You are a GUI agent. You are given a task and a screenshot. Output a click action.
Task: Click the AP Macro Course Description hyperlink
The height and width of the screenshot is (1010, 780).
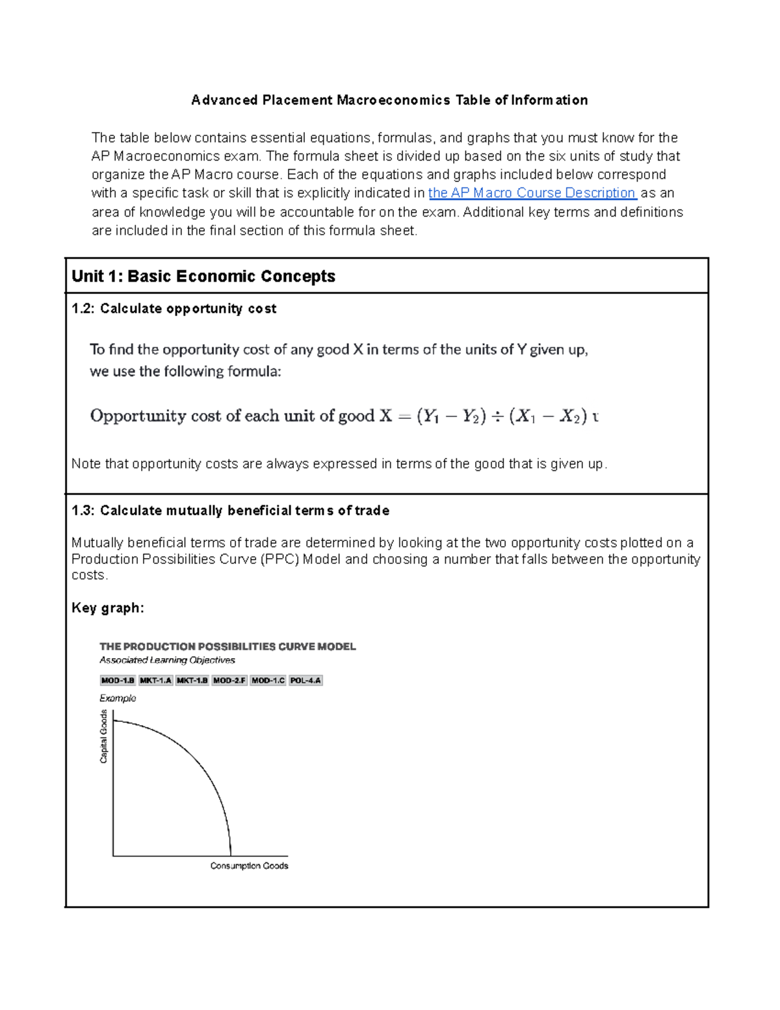532,193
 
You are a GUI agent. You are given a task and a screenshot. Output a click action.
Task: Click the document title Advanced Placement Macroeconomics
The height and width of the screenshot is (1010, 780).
389,100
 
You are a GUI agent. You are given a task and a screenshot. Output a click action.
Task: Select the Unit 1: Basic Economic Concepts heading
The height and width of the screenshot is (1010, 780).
203,276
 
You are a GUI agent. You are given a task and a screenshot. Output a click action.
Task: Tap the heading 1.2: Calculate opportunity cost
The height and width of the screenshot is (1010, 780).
174,309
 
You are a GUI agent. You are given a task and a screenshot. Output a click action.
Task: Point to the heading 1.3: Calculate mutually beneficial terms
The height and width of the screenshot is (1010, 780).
230,511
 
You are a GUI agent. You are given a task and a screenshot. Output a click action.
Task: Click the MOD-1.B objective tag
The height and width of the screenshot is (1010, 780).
118,680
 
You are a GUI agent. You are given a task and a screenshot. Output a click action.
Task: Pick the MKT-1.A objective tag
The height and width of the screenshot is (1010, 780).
155,680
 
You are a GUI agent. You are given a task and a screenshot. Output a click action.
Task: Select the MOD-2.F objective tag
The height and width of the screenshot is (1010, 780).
229,680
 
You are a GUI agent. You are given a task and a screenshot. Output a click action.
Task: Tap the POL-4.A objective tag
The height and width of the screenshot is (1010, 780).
305,680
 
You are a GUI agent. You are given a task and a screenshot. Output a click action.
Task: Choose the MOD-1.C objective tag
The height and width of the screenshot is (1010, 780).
268,680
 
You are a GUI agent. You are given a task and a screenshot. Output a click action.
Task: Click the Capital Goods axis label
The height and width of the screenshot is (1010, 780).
103,737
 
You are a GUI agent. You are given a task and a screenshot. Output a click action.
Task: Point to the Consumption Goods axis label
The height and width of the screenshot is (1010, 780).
249,866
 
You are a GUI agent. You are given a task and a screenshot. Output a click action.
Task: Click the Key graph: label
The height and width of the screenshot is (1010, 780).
107,608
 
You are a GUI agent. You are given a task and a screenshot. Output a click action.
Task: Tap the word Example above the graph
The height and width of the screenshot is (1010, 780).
118,698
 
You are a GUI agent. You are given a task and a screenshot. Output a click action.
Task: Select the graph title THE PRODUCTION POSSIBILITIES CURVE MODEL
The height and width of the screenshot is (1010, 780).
227,646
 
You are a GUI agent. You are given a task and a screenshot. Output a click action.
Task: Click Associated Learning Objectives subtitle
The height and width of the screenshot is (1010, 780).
167,660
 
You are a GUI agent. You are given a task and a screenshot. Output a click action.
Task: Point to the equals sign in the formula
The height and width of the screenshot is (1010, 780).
404,416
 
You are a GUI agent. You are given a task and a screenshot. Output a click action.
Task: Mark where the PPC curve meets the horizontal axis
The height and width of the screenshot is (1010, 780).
231,855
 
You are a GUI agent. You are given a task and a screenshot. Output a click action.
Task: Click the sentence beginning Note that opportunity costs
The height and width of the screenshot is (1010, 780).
339,464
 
